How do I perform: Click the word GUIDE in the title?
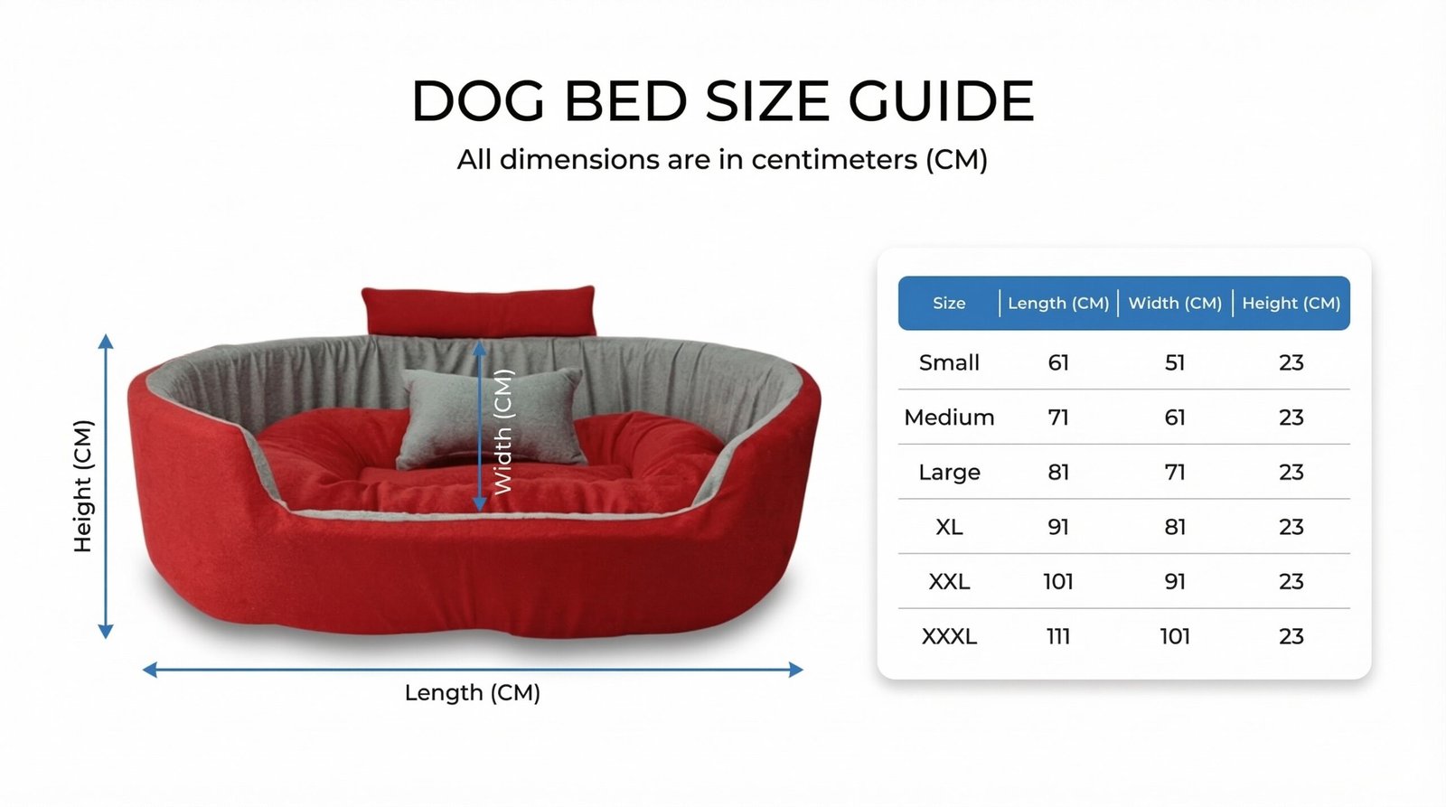coord(941,100)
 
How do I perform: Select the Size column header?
coord(949,303)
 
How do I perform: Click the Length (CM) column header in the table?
coord(1058,303)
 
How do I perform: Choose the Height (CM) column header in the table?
coord(1291,303)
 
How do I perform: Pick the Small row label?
coord(949,362)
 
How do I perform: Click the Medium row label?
coord(949,418)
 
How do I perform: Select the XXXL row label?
coord(949,636)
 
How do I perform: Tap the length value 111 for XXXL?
coord(1058,636)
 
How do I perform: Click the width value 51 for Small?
coord(1175,362)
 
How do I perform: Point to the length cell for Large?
coord(1058,473)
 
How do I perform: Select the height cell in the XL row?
coord(1291,528)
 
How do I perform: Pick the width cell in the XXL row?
coord(1175,582)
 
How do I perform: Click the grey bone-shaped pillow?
coord(491,417)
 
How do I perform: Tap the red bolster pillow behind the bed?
coord(478,311)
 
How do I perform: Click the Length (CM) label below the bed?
coord(473,693)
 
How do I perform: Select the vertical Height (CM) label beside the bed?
coord(83,486)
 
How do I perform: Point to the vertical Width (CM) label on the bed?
coord(502,432)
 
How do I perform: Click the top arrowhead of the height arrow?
coord(106,342)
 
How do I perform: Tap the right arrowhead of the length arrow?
coord(796,670)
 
